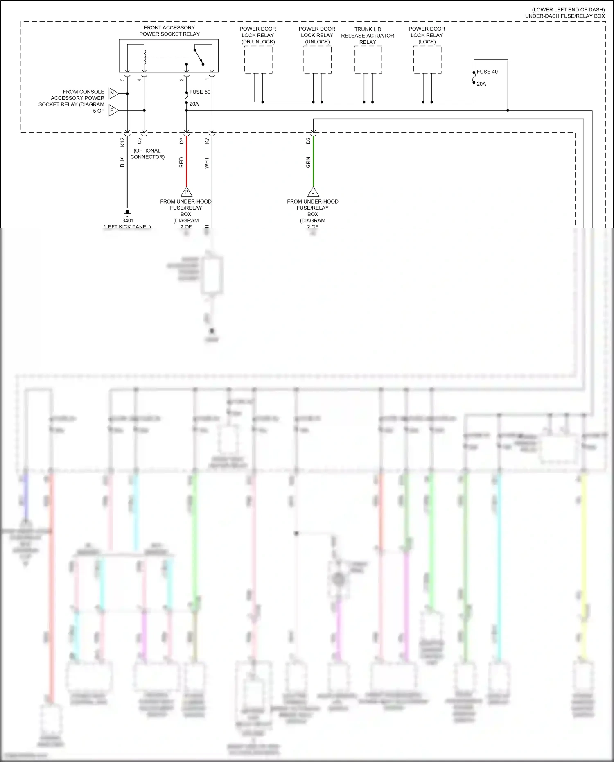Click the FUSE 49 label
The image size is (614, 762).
487,72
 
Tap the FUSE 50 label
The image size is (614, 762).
200,92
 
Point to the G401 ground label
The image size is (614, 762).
127,221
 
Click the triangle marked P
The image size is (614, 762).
186,192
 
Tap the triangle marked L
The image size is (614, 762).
313,192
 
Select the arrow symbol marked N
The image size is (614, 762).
113,93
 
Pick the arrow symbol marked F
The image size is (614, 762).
113,111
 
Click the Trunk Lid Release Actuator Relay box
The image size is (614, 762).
368,60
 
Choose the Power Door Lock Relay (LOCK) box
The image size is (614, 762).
427,60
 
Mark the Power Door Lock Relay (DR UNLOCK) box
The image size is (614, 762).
258,60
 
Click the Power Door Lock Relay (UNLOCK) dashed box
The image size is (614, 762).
317,60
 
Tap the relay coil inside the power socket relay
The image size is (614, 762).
144,57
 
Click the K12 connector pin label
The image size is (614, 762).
122,142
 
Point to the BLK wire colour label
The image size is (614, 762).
122,162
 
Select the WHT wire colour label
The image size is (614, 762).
207,163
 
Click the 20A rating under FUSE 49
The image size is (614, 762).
481,84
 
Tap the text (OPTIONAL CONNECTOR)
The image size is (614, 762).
147,154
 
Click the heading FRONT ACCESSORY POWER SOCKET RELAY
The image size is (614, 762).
169,31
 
